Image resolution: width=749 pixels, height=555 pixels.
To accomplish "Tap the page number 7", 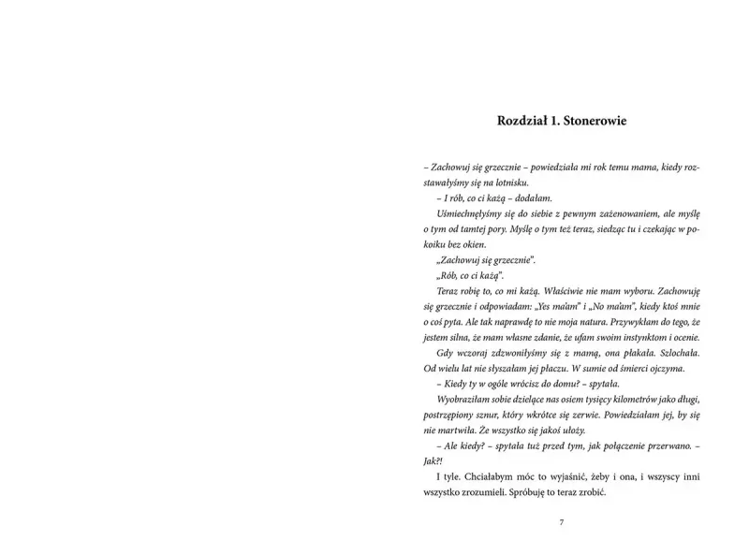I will (x=560, y=523).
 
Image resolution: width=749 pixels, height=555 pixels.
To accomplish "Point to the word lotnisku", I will (x=510, y=183).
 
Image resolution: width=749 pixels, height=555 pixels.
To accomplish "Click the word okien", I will (x=475, y=244).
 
